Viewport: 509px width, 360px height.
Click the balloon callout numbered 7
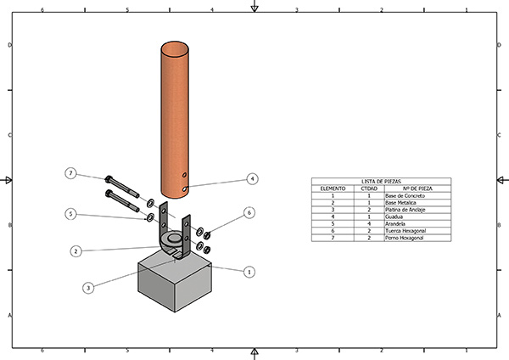click(x=71, y=173)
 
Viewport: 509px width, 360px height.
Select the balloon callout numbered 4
click(x=252, y=179)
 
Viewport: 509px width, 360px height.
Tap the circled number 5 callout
click(x=71, y=214)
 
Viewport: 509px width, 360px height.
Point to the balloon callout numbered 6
click(x=249, y=212)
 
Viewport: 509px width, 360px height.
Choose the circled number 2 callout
click(x=76, y=251)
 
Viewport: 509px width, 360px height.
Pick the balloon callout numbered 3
click(x=88, y=288)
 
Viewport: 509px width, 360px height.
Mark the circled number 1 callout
click(x=249, y=272)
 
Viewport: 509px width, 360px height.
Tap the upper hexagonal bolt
click(x=122, y=183)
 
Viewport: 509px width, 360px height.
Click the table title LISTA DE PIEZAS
click(x=381, y=182)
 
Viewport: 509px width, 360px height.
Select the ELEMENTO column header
click(x=333, y=188)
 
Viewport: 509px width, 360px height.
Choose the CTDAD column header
click(x=369, y=188)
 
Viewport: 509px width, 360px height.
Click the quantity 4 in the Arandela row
click(x=369, y=223)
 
